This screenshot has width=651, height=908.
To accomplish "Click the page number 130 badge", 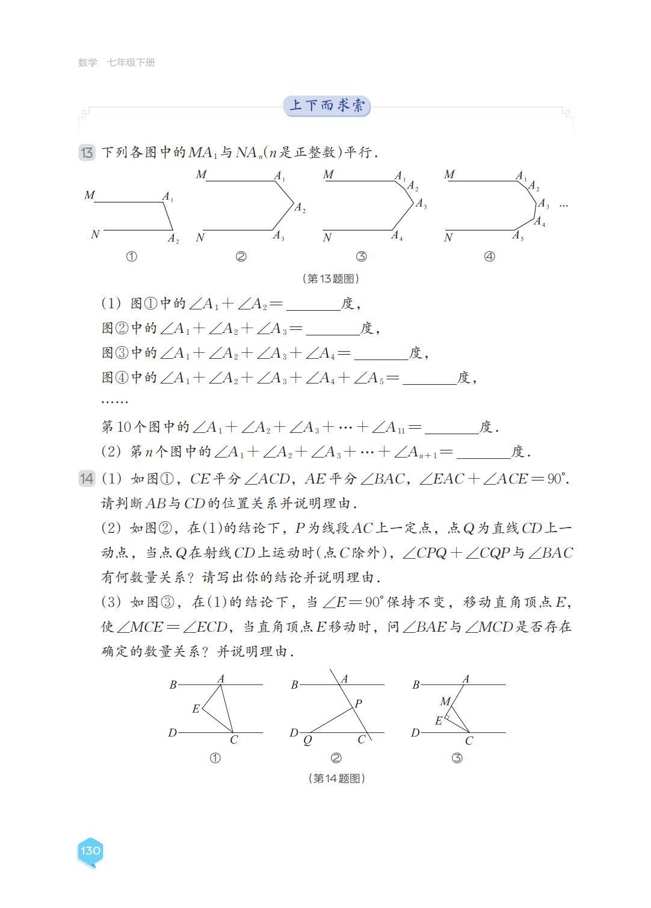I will pyautogui.click(x=90, y=850).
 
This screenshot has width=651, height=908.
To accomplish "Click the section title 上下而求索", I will pyautogui.click(x=327, y=106).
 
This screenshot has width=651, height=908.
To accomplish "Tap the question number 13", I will pyautogui.click(x=87, y=152).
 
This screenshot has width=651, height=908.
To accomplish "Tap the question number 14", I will pyautogui.click(x=87, y=479).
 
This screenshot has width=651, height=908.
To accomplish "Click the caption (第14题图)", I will pyautogui.click(x=337, y=778).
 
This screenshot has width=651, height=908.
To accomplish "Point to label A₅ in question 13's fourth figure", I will pyautogui.click(x=518, y=235).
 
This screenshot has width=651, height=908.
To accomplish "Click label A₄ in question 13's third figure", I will pyautogui.click(x=397, y=236).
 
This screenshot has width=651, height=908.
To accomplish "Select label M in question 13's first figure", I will pyautogui.click(x=90, y=195).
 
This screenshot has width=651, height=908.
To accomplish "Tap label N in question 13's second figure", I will pyautogui.click(x=200, y=237).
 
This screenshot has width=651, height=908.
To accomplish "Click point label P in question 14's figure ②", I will pyautogui.click(x=359, y=703).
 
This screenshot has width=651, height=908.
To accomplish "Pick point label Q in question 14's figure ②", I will pyautogui.click(x=307, y=741).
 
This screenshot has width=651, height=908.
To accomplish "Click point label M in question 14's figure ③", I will pyautogui.click(x=445, y=701).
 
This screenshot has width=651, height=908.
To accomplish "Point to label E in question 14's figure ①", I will pyautogui.click(x=196, y=709).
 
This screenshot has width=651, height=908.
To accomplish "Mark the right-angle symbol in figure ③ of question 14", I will pyautogui.click(x=447, y=717).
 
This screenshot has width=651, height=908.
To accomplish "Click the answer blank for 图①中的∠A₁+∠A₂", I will pyautogui.click(x=313, y=305).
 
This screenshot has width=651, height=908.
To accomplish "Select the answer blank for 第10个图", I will pyautogui.click(x=451, y=428).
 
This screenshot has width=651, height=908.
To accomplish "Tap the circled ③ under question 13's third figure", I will pyautogui.click(x=361, y=257).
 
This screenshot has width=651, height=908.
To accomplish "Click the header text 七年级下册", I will pyautogui.click(x=131, y=63).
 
